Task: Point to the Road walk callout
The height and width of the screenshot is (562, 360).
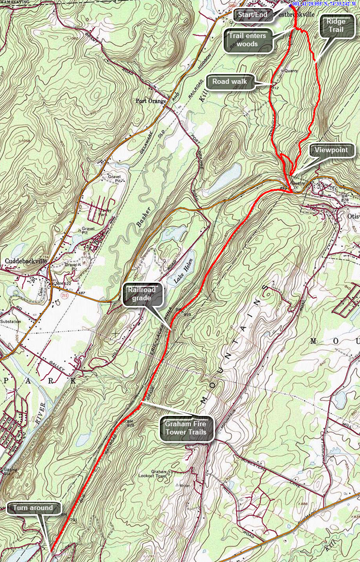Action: (x=231, y=82)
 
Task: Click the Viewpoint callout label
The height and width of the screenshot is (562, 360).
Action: (x=332, y=151)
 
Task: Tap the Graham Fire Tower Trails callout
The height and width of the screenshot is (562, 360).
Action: (x=186, y=428)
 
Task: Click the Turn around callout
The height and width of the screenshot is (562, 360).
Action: (x=33, y=508)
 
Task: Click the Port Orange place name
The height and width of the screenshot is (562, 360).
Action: (x=152, y=101)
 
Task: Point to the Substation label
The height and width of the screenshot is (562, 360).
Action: (x=10, y=322)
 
